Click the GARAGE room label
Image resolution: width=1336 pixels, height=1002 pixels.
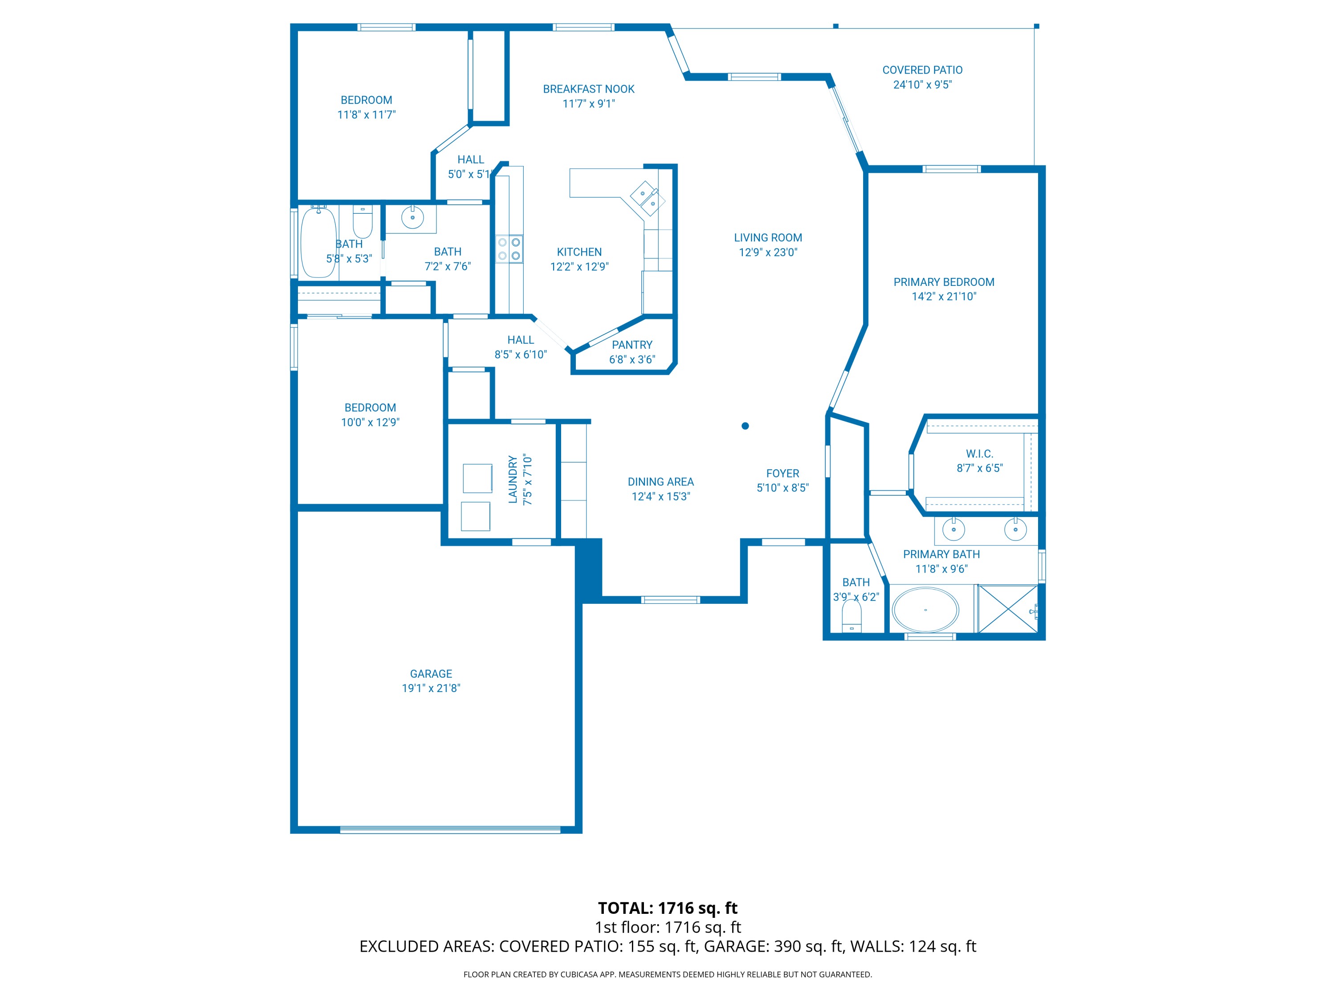point(431,673)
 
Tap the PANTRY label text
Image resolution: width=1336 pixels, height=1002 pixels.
point(632,345)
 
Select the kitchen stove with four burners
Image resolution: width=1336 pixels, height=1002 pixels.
point(509,249)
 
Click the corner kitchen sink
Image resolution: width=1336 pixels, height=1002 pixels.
point(647,198)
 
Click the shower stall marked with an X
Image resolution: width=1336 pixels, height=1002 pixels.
point(1007,608)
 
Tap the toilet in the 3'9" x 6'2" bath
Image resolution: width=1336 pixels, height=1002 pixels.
point(851,616)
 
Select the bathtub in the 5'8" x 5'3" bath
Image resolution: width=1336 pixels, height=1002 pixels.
point(318,242)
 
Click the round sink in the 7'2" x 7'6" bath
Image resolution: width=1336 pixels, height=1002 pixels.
point(412,217)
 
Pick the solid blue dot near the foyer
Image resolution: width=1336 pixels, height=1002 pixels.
point(745,426)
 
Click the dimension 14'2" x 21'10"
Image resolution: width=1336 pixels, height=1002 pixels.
point(943,297)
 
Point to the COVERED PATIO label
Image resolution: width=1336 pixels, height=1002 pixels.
point(922,70)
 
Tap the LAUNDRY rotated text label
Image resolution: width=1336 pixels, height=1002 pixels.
point(513,480)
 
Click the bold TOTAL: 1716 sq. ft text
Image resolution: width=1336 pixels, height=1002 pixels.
point(668,908)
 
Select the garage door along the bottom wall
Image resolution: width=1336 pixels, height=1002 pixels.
point(450,829)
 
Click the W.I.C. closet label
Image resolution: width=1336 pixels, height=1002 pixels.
point(979,454)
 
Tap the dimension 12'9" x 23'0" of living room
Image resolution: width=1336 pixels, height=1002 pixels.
point(768,253)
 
